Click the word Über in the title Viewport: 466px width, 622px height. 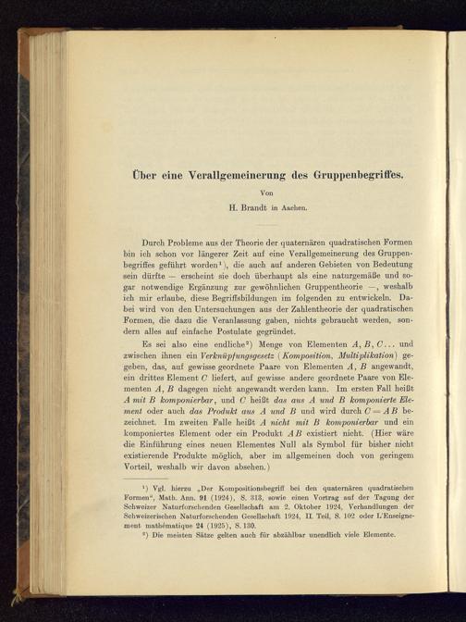pos(141,172)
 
